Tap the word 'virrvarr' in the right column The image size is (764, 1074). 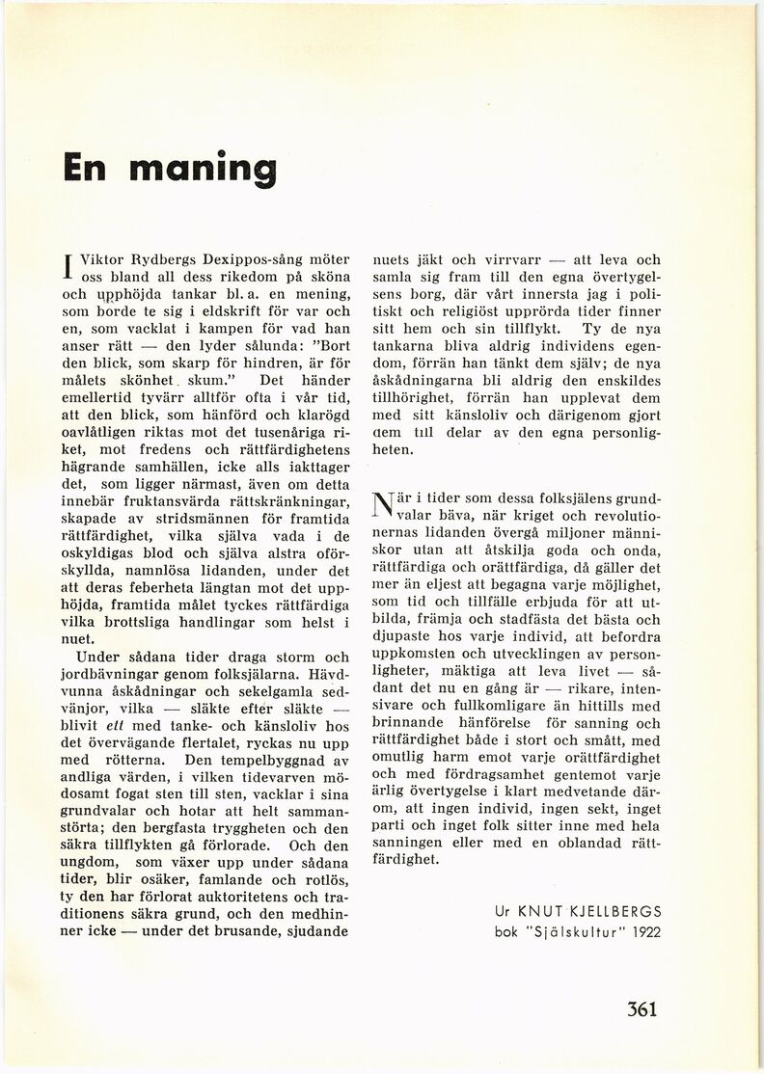(x=505, y=260)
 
